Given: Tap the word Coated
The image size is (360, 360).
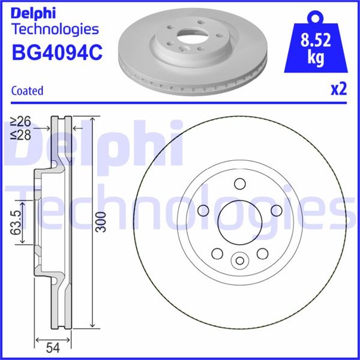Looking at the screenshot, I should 28,91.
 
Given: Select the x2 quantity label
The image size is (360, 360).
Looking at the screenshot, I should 338,90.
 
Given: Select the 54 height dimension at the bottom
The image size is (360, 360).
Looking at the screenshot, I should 53,347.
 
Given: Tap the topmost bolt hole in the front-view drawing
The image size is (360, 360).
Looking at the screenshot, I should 239,184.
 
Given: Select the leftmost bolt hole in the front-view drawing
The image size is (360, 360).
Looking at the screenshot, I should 203,210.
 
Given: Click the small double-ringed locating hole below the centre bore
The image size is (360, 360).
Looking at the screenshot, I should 239,260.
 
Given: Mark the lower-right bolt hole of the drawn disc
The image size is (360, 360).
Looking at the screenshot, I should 262,253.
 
